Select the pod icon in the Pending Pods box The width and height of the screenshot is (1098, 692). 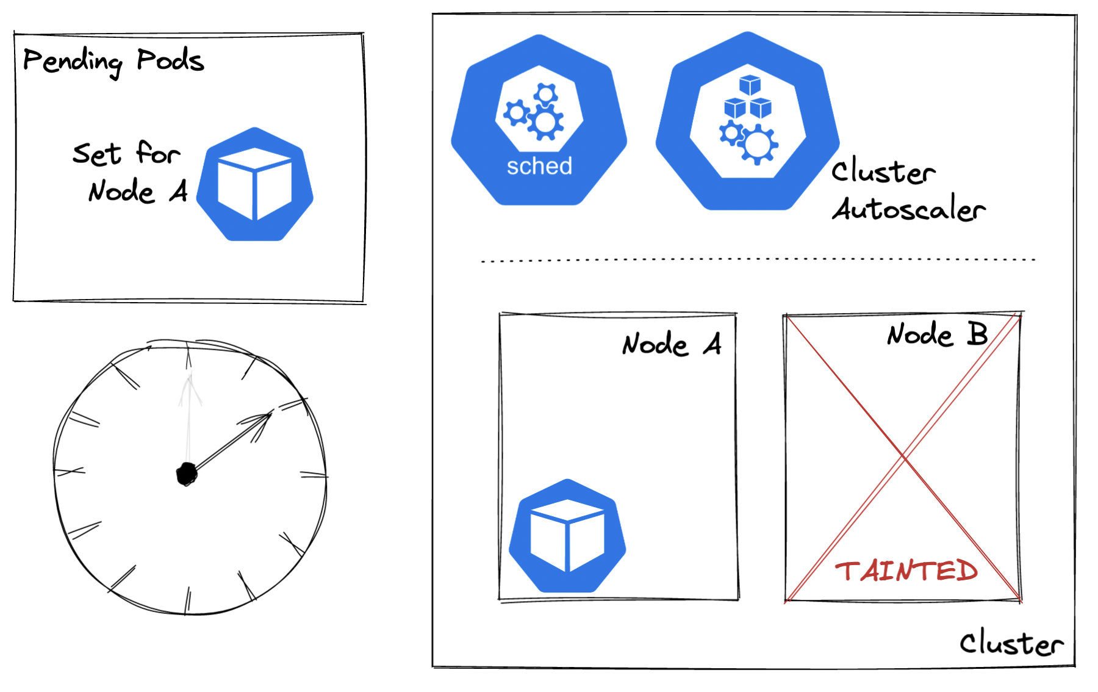pos(255,185)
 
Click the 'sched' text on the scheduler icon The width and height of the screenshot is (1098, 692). pos(539,166)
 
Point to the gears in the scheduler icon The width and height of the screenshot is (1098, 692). pos(534,112)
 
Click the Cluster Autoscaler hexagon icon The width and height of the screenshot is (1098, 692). pos(747,122)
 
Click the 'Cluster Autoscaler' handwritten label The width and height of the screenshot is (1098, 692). pos(908,190)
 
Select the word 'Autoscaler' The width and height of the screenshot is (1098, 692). pos(909,209)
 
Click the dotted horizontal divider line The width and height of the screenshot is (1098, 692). pos(758,260)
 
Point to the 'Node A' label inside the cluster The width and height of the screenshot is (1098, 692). pos(671,344)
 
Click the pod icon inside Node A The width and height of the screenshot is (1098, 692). pos(567,536)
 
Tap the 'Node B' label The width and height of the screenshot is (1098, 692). pos(937,334)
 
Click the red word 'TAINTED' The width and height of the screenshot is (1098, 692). pos(906,571)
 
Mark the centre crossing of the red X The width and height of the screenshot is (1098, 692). pos(903,456)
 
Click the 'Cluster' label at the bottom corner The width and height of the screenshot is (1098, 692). pos(1011,643)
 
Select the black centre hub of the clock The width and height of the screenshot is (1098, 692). pos(187,474)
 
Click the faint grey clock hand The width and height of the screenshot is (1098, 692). pos(189,415)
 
